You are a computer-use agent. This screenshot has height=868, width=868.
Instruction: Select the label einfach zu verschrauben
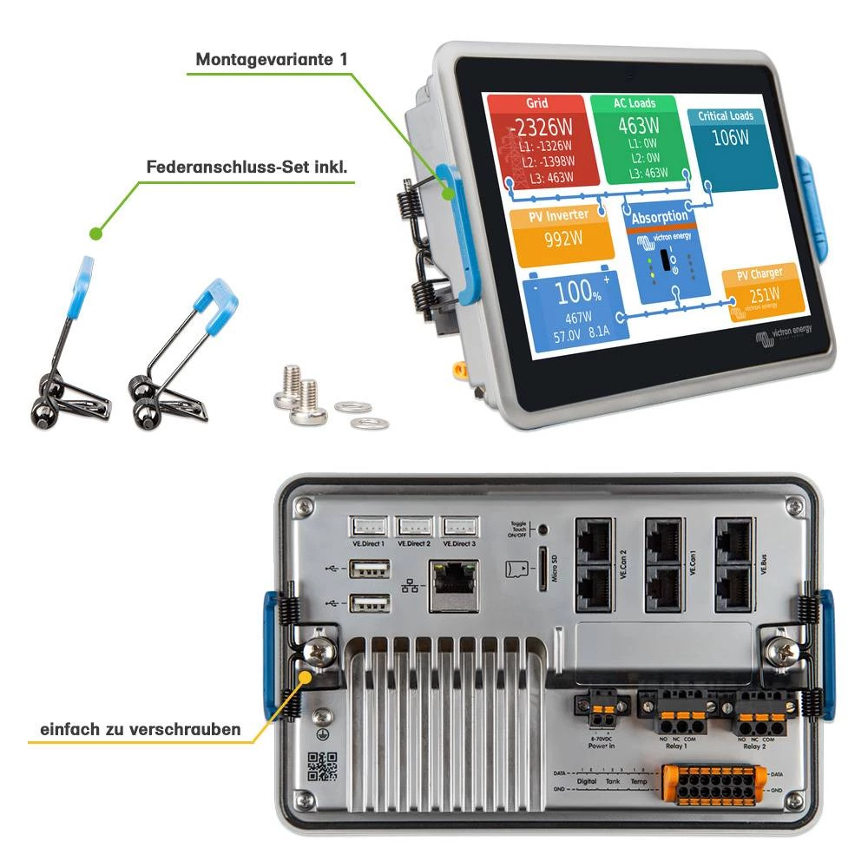point(140,729)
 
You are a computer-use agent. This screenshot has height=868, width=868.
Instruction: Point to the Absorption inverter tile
point(662,253)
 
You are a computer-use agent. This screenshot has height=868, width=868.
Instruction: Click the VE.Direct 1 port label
point(368,543)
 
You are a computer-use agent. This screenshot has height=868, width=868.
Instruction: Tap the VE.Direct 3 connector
point(459,526)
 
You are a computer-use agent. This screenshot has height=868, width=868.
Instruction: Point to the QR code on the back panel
point(321,765)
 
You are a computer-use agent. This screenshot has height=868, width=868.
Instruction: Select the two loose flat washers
point(361,414)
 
